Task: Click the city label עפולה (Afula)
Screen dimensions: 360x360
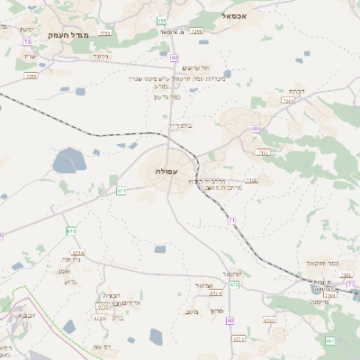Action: (x=166, y=171)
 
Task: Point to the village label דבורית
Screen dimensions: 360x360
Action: (x=297, y=91)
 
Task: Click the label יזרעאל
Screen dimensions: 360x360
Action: (x=258, y=273)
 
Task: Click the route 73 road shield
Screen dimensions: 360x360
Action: (x=28, y=41)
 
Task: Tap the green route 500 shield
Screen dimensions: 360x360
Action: (x=161, y=20)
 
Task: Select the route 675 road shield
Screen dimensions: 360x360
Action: (x=71, y=231)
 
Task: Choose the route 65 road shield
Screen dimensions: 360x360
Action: (x=175, y=58)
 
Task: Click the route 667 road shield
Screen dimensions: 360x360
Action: (x=329, y=341)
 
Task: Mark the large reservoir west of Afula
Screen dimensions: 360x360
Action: (x=68, y=162)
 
